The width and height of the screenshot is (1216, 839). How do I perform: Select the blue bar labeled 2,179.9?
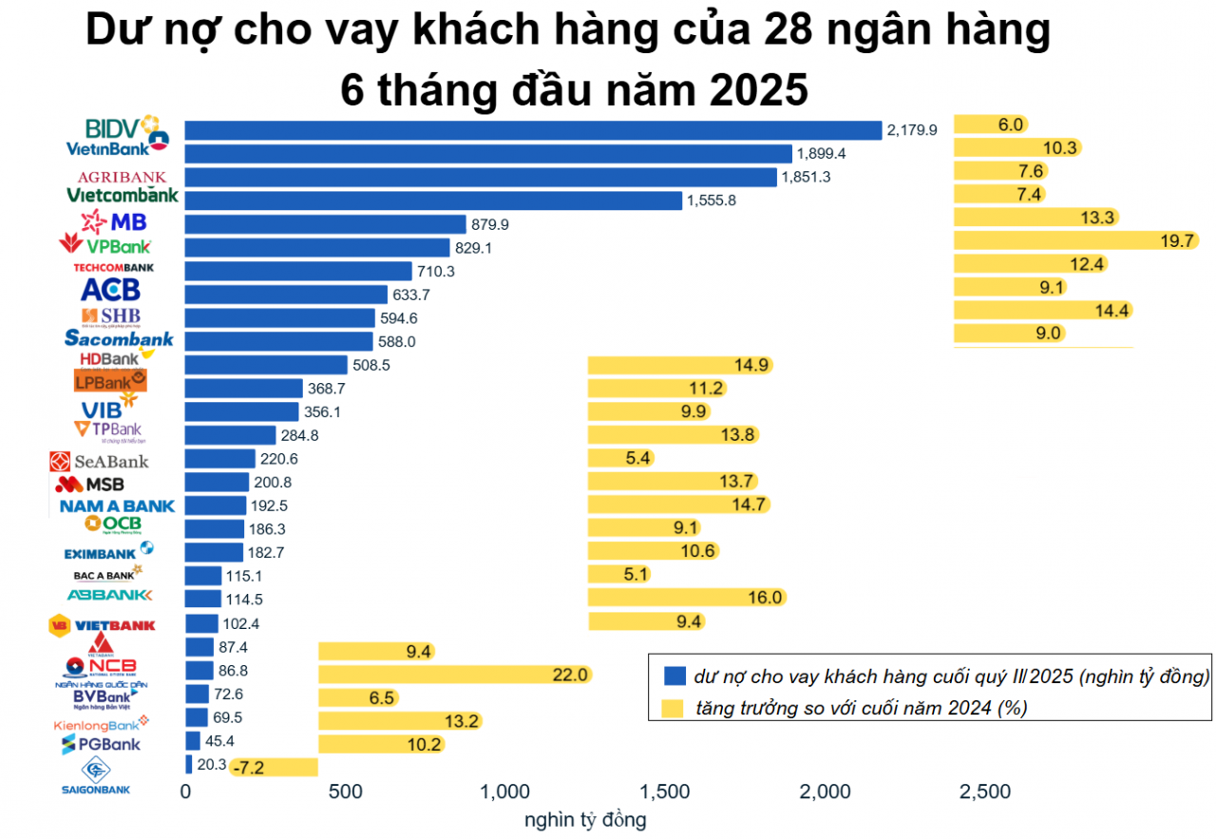pos(533,130)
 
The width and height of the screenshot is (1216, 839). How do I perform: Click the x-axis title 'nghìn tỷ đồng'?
pos(585,819)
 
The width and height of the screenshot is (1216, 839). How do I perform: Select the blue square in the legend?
pos(674,677)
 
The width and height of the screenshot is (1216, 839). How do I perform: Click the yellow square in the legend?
pos(674,707)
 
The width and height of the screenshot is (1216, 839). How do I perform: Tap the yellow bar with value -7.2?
pos(273,767)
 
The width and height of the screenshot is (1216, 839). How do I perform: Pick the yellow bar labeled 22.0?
pos(455,674)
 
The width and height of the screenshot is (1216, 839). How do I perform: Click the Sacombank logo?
pos(119,338)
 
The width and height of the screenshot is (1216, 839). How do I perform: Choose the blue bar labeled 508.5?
pos(266,365)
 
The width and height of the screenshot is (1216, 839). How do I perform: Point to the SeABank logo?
pos(100,461)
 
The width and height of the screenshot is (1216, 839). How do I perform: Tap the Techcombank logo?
pos(113,268)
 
